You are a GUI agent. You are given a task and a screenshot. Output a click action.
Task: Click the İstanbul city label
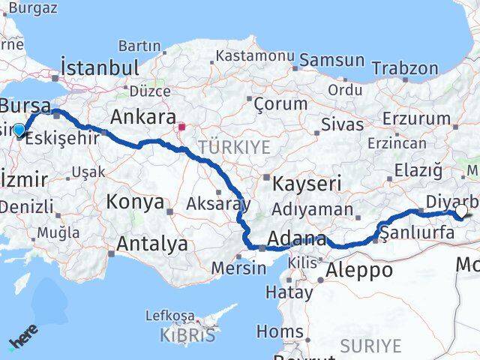(x=99, y=67)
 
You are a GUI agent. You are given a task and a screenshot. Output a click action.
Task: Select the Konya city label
(x=135, y=202)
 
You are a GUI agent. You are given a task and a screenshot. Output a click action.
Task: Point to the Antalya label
(x=152, y=243)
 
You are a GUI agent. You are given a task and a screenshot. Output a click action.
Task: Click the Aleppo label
(x=359, y=270)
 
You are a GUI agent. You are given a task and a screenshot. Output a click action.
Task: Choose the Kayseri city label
(x=307, y=183)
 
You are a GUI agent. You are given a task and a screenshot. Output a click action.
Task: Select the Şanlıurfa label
(x=418, y=233)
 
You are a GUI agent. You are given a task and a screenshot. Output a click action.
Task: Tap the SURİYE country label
(x=370, y=346)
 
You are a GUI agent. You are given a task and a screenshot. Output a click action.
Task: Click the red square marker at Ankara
(x=181, y=127)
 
